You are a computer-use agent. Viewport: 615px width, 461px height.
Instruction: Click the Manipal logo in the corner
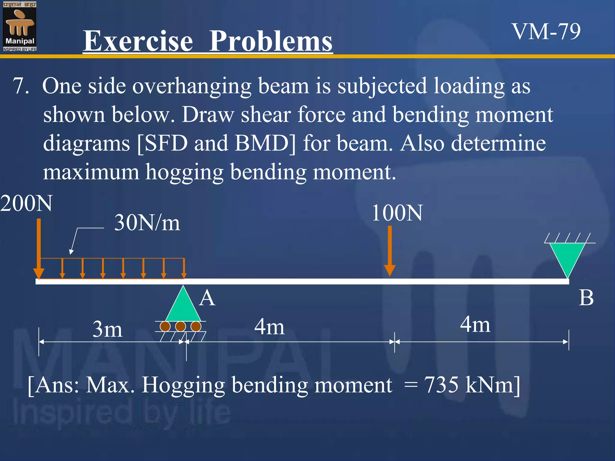tap(20, 26)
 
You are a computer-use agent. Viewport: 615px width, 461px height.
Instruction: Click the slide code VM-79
tap(546, 32)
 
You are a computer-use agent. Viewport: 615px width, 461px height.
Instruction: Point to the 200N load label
tap(26, 203)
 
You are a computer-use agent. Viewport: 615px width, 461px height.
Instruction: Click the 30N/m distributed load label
tap(147, 223)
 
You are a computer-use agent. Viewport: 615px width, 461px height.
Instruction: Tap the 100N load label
tap(397, 213)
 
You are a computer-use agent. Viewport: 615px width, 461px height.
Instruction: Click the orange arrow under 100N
tap(389, 251)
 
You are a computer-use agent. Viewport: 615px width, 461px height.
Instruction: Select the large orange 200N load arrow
tap(39, 249)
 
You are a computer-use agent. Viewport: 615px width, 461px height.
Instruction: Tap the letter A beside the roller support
tap(207, 298)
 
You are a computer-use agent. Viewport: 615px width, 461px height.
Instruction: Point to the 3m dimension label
tap(107, 330)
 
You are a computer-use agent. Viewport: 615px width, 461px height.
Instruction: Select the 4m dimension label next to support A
tap(269, 327)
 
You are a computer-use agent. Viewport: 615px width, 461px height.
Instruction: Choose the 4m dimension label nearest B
tap(475, 324)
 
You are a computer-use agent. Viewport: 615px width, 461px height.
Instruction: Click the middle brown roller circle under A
tap(180, 326)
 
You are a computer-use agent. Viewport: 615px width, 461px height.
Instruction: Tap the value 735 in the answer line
tap(441, 385)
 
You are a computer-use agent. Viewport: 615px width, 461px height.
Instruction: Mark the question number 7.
tap(21, 86)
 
